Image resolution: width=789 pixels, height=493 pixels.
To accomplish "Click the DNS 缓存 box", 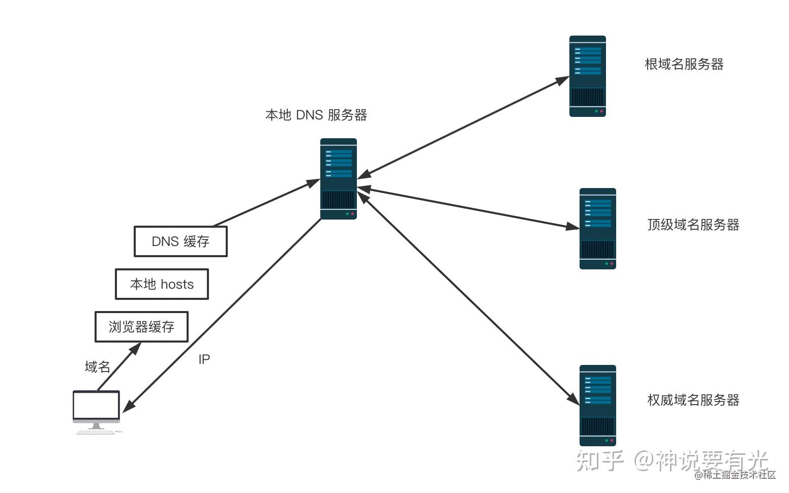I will point(180,241).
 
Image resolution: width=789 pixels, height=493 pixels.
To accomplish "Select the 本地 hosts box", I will point(162,284).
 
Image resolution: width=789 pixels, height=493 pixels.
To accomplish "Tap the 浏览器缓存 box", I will point(141,327).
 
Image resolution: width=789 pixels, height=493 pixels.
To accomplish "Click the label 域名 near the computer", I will point(97,366).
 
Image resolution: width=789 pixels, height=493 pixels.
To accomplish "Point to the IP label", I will point(204,359).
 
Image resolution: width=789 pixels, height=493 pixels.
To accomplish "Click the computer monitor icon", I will point(96,410).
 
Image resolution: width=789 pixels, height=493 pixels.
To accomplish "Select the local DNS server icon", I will point(339,179).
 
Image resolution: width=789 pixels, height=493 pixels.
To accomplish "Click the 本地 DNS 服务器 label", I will point(316,115).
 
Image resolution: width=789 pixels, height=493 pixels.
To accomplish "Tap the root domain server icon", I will point(587,76).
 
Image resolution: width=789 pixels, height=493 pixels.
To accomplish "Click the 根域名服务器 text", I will point(684,64).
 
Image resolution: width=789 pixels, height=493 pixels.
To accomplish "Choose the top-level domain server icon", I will point(597,229).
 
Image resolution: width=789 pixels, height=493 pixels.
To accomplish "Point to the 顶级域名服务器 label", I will point(693,225).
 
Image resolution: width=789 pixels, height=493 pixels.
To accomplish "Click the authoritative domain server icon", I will point(597,405).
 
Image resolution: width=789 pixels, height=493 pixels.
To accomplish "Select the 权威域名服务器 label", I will point(693,400).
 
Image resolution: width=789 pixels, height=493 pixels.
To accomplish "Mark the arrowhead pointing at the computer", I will point(128,406).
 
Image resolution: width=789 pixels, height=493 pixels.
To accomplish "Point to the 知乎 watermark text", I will point(600,460).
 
